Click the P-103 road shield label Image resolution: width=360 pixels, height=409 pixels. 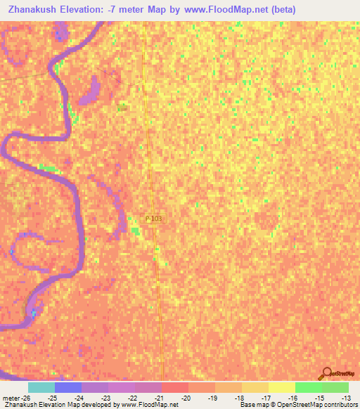(x=153, y=219)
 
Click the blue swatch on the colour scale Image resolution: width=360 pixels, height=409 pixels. (x=67, y=387)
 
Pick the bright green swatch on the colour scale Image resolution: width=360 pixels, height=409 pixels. (x=308, y=387)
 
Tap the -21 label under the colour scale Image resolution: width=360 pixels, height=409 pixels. (x=158, y=398)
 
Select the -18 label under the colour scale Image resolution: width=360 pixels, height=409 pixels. (x=239, y=398)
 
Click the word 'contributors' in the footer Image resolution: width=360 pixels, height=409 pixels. (x=340, y=405)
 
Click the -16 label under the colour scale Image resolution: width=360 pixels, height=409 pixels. (x=292, y=398)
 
